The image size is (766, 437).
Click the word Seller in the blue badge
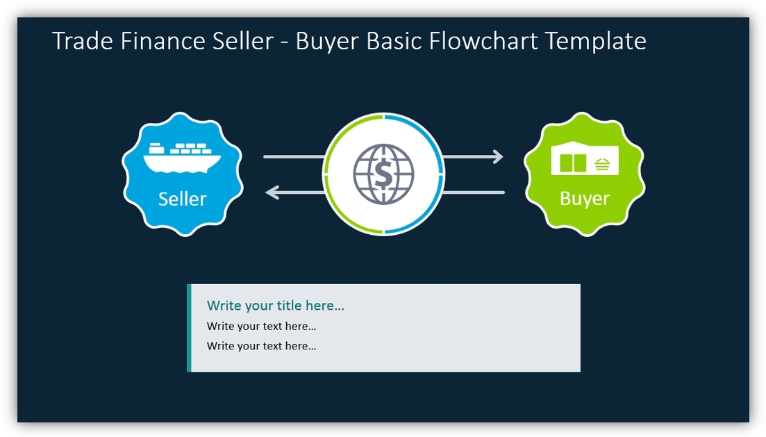point(182,199)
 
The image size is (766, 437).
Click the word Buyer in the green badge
point(584,199)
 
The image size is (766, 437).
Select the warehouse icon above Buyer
point(584,160)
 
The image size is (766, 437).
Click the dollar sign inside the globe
point(383,174)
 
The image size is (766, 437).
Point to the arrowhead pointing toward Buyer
point(497,157)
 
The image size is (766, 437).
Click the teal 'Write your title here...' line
point(275,306)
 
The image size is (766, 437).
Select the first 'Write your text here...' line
point(261,327)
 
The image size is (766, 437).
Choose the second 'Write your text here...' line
point(261,346)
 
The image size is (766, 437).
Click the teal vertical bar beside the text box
point(189,328)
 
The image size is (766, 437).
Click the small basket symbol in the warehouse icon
point(602,165)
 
